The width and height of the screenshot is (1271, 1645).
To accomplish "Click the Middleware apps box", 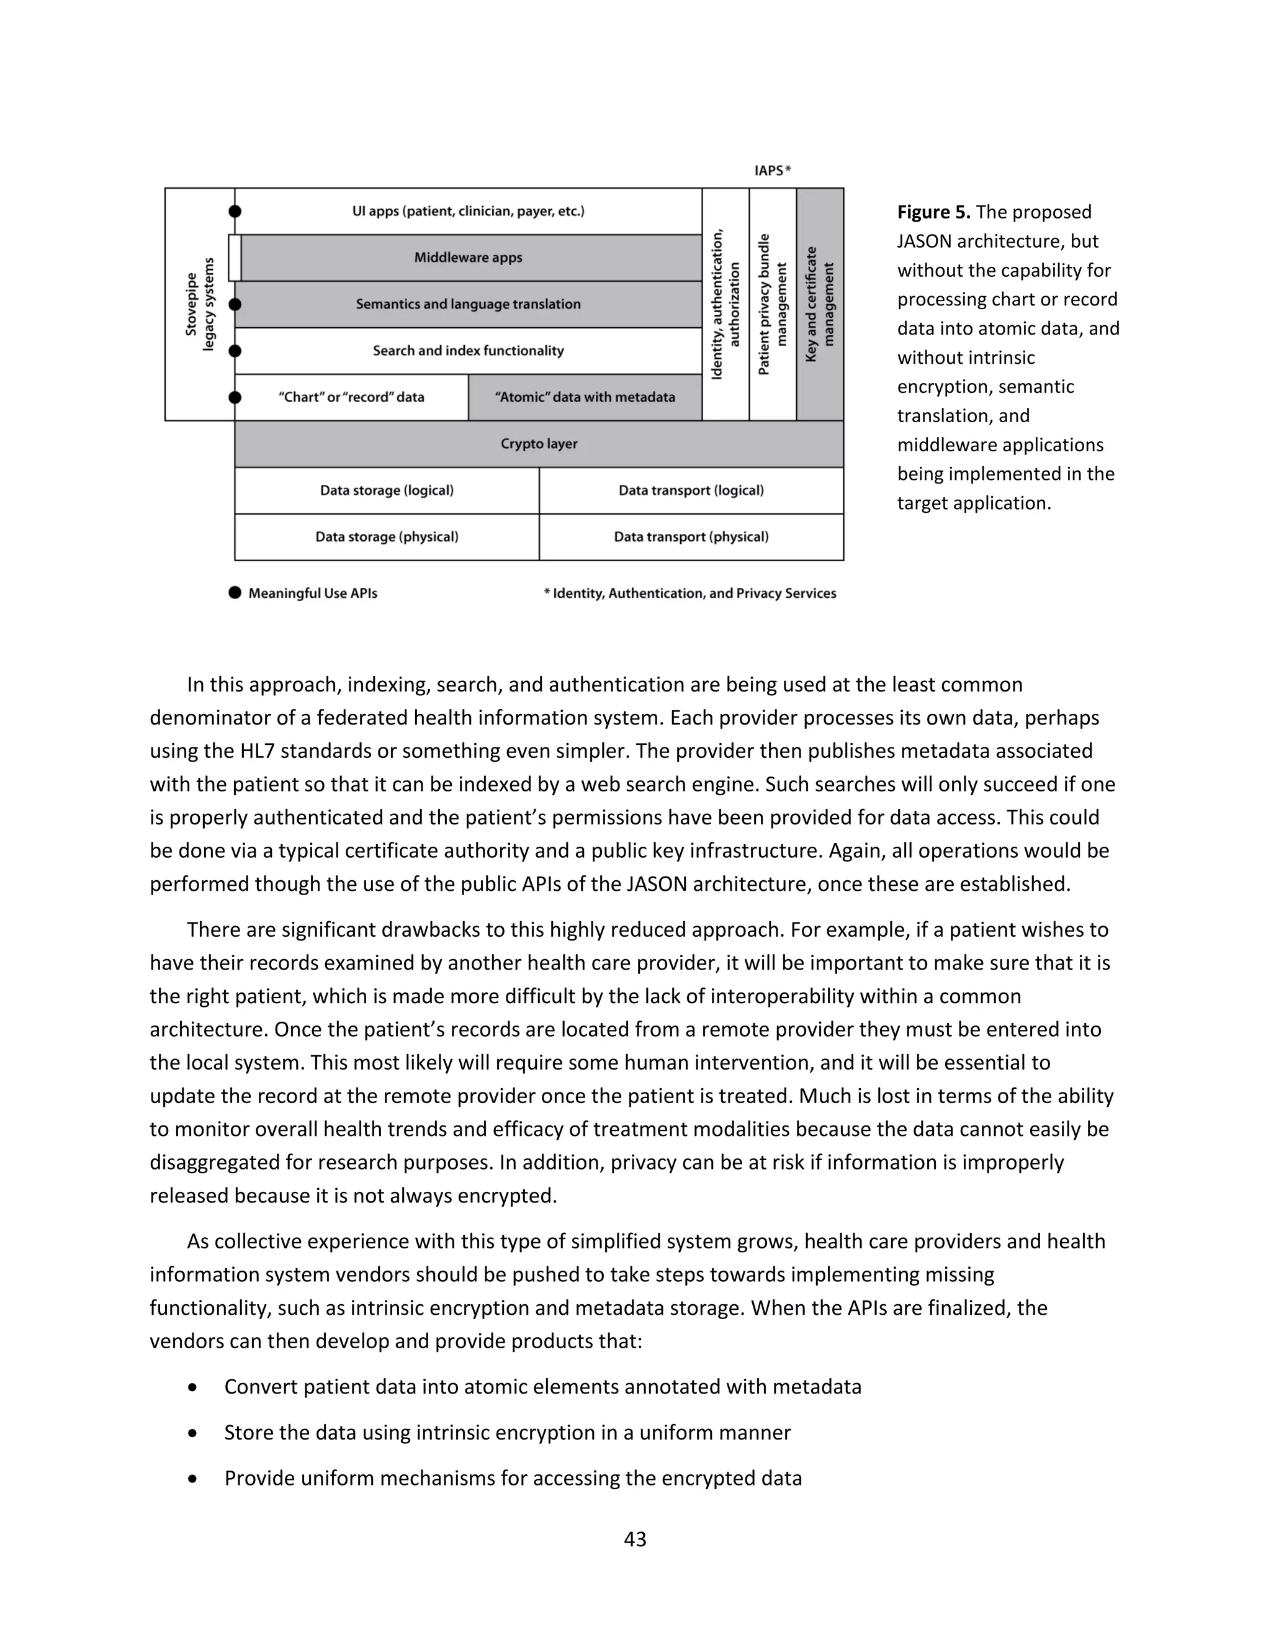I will point(469,258).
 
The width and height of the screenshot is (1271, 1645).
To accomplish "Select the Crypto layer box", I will point(539,444).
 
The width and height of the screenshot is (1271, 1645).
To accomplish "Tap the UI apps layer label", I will point(469,211).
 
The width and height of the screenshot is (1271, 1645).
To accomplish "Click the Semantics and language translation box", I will point(469,304).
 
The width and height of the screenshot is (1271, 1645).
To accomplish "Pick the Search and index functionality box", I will point(469,351).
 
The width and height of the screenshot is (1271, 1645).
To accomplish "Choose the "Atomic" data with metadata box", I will point(585,397).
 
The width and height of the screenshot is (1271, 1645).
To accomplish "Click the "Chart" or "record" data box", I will point(352,397).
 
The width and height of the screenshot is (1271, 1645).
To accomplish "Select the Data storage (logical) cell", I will point(387,490).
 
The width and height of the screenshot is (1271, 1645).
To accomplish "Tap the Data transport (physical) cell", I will point(691,537).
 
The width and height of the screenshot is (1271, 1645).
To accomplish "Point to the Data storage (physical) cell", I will point(387,537).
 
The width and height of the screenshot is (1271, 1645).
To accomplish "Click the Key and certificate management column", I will point(820,304).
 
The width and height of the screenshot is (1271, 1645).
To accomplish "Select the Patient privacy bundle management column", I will point(773,304).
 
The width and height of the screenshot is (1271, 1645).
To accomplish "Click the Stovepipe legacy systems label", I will point(200,304).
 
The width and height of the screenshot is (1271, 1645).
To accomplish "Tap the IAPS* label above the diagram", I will point(773,171).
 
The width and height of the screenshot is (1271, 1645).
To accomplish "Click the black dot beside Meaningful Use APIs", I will point(235,593).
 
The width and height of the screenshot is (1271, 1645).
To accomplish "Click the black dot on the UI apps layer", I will point(235,212).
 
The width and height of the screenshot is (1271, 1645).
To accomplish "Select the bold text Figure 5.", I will point(933,212).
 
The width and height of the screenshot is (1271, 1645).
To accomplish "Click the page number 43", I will point(635,1539).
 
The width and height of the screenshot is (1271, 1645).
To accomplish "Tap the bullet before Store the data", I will point(194,1433).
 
